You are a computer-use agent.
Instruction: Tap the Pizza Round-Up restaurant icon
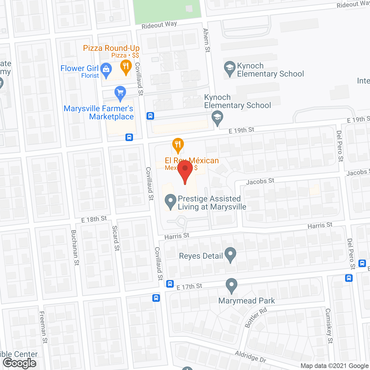126,66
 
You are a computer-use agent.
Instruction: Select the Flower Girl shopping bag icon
106,70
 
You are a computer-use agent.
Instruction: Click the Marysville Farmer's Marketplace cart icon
120,93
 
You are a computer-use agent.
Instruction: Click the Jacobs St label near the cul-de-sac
260,182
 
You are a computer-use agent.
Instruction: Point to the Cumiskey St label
329,326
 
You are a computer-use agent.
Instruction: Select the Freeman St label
43,327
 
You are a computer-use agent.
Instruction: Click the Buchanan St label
75,247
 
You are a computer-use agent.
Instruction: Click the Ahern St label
206,40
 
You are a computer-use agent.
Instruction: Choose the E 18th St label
94,219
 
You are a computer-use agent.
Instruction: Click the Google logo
20,363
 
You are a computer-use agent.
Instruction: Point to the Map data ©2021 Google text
335,366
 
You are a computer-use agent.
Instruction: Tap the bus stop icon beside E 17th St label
170,284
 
